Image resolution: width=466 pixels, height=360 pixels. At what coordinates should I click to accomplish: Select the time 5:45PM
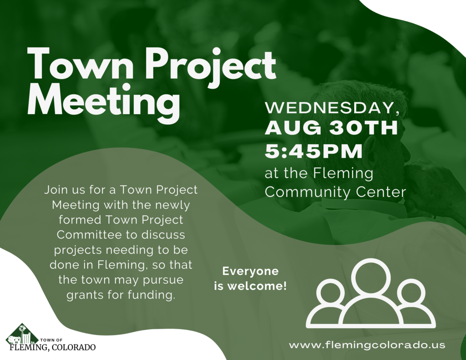coord(314,151)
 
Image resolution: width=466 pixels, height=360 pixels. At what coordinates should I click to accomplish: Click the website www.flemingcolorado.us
coord(367,345)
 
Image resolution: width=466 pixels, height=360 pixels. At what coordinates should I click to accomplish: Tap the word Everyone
coord(250,272)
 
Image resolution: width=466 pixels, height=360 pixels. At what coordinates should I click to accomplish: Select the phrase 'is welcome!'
coord(250,287)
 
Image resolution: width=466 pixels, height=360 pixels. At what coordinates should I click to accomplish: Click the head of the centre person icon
coord(371,277)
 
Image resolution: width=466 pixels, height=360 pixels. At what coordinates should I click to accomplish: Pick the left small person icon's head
coord(330,292)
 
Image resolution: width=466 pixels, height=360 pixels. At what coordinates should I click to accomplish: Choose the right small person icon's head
coord(411,292)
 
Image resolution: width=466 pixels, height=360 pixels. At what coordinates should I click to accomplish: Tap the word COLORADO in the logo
coord(74,348)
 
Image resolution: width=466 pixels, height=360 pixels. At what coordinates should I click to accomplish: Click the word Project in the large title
coord(213,65)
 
